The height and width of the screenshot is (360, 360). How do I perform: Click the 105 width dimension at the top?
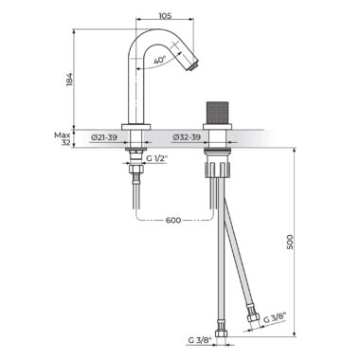[x=165, y=15]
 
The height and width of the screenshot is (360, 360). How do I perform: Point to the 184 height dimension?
[x=70, y=79]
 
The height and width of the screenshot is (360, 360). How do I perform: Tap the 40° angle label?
[x=160, y=60]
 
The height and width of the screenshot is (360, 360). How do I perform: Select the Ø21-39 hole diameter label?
[x=104, y=137]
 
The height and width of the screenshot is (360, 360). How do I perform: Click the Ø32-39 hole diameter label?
[x=187, y=137]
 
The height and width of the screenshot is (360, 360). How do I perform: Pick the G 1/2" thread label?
[x=156, y=159]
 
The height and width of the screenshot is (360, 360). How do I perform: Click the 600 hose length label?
[x=173, y=220]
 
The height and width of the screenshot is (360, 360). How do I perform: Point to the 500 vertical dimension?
[x=290, y=242]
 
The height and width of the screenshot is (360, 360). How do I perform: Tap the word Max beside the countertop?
[x=63, y=135]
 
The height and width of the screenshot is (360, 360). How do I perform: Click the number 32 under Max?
[x=65, y=143]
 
